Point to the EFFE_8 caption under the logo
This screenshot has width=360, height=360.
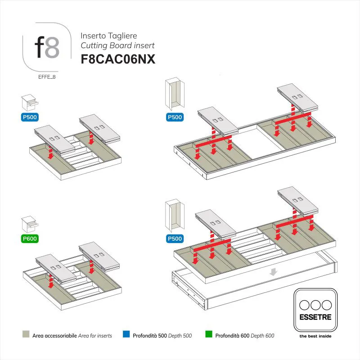47,76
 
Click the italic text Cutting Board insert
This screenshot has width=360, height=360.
117,45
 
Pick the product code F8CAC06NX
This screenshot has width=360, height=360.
118,59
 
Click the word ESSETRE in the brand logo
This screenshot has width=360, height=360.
315,317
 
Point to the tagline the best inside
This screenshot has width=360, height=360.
315,337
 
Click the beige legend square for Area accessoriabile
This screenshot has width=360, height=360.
25,335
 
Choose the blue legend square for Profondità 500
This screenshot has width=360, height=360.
126,335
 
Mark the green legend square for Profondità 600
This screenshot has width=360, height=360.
208,335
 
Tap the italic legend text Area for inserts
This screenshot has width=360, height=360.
94,335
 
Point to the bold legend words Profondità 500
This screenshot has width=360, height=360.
150,335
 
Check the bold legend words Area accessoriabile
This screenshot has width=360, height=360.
54,335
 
